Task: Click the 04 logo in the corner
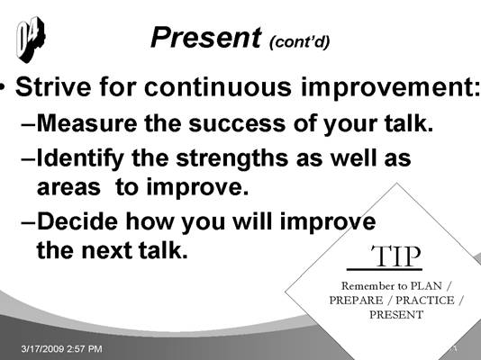(x=31, y=40)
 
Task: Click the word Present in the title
(x=206, y=38)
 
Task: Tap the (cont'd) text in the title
(x=299, y=42)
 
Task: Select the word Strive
(x=53, y=86)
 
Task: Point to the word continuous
(x=217, y=86)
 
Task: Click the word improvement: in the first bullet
(x=391, y=88)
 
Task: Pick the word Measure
(x=86, y=123)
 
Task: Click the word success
(x=237, y=124)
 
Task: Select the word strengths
(x=232, y=159)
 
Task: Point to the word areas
(x=68, y=188)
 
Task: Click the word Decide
(x=77, y=221)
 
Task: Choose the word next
(x=107, y=250)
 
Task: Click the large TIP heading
(x=396, y=256)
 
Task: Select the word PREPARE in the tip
(x=356, y=301)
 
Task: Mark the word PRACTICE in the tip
(x=425, y=301)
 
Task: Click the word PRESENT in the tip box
(x=396, y=315)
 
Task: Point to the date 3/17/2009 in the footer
(x=42, y=348)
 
